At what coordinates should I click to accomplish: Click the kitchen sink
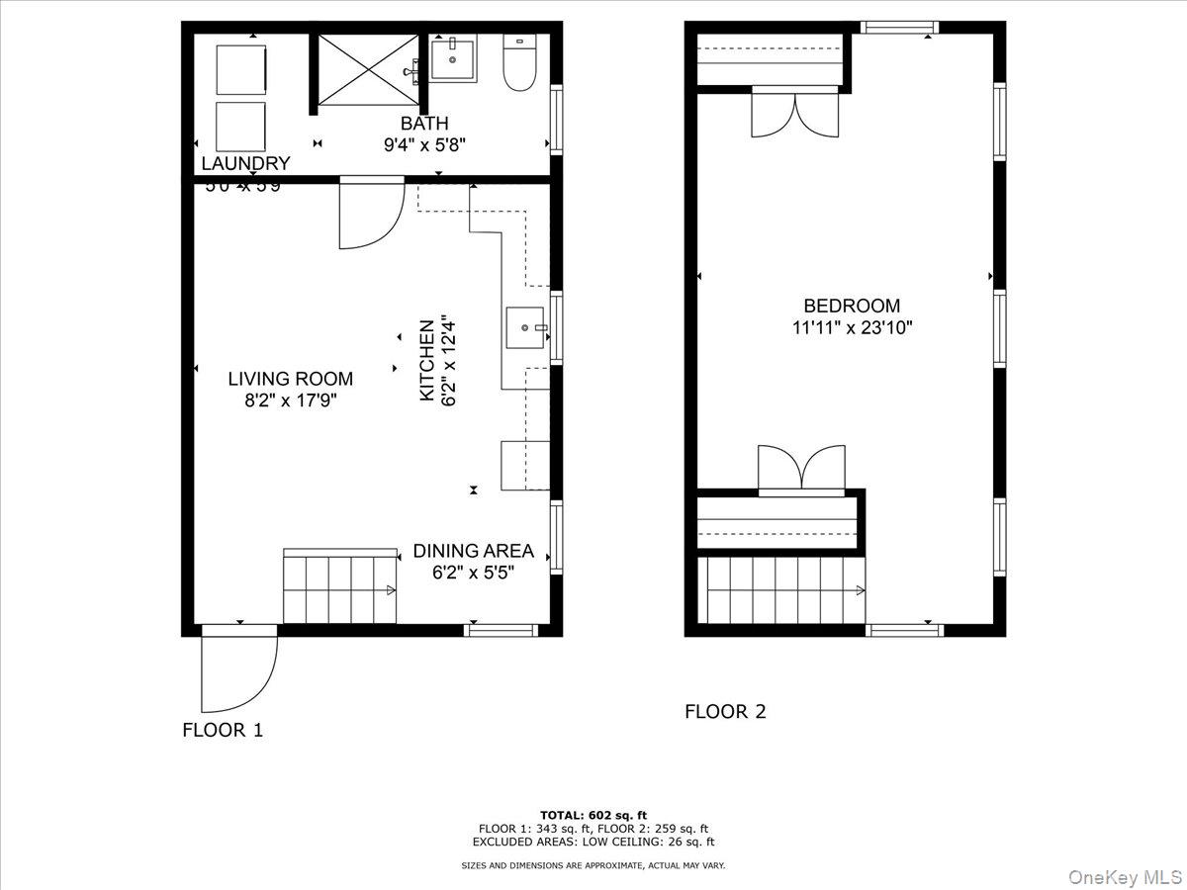click(x=524, y=327)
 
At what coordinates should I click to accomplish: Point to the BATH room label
click(x=424, y=124)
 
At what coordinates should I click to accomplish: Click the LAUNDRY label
click(x=246, y=164)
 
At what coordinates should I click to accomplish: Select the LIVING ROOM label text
click(x=290, y=379)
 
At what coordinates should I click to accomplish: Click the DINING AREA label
click(x=473, y=551)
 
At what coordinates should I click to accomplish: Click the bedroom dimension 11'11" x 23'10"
click(x=852, y=328)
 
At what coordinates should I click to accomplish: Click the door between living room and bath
click(x=371, y=213)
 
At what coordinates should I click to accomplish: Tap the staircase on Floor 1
click(x=339, y=589)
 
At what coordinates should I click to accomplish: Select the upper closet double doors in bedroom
click(x=794, y=112)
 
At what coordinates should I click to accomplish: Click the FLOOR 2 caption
click(x=725, y=711)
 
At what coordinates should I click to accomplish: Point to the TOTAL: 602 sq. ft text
click(x=593, y=815)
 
